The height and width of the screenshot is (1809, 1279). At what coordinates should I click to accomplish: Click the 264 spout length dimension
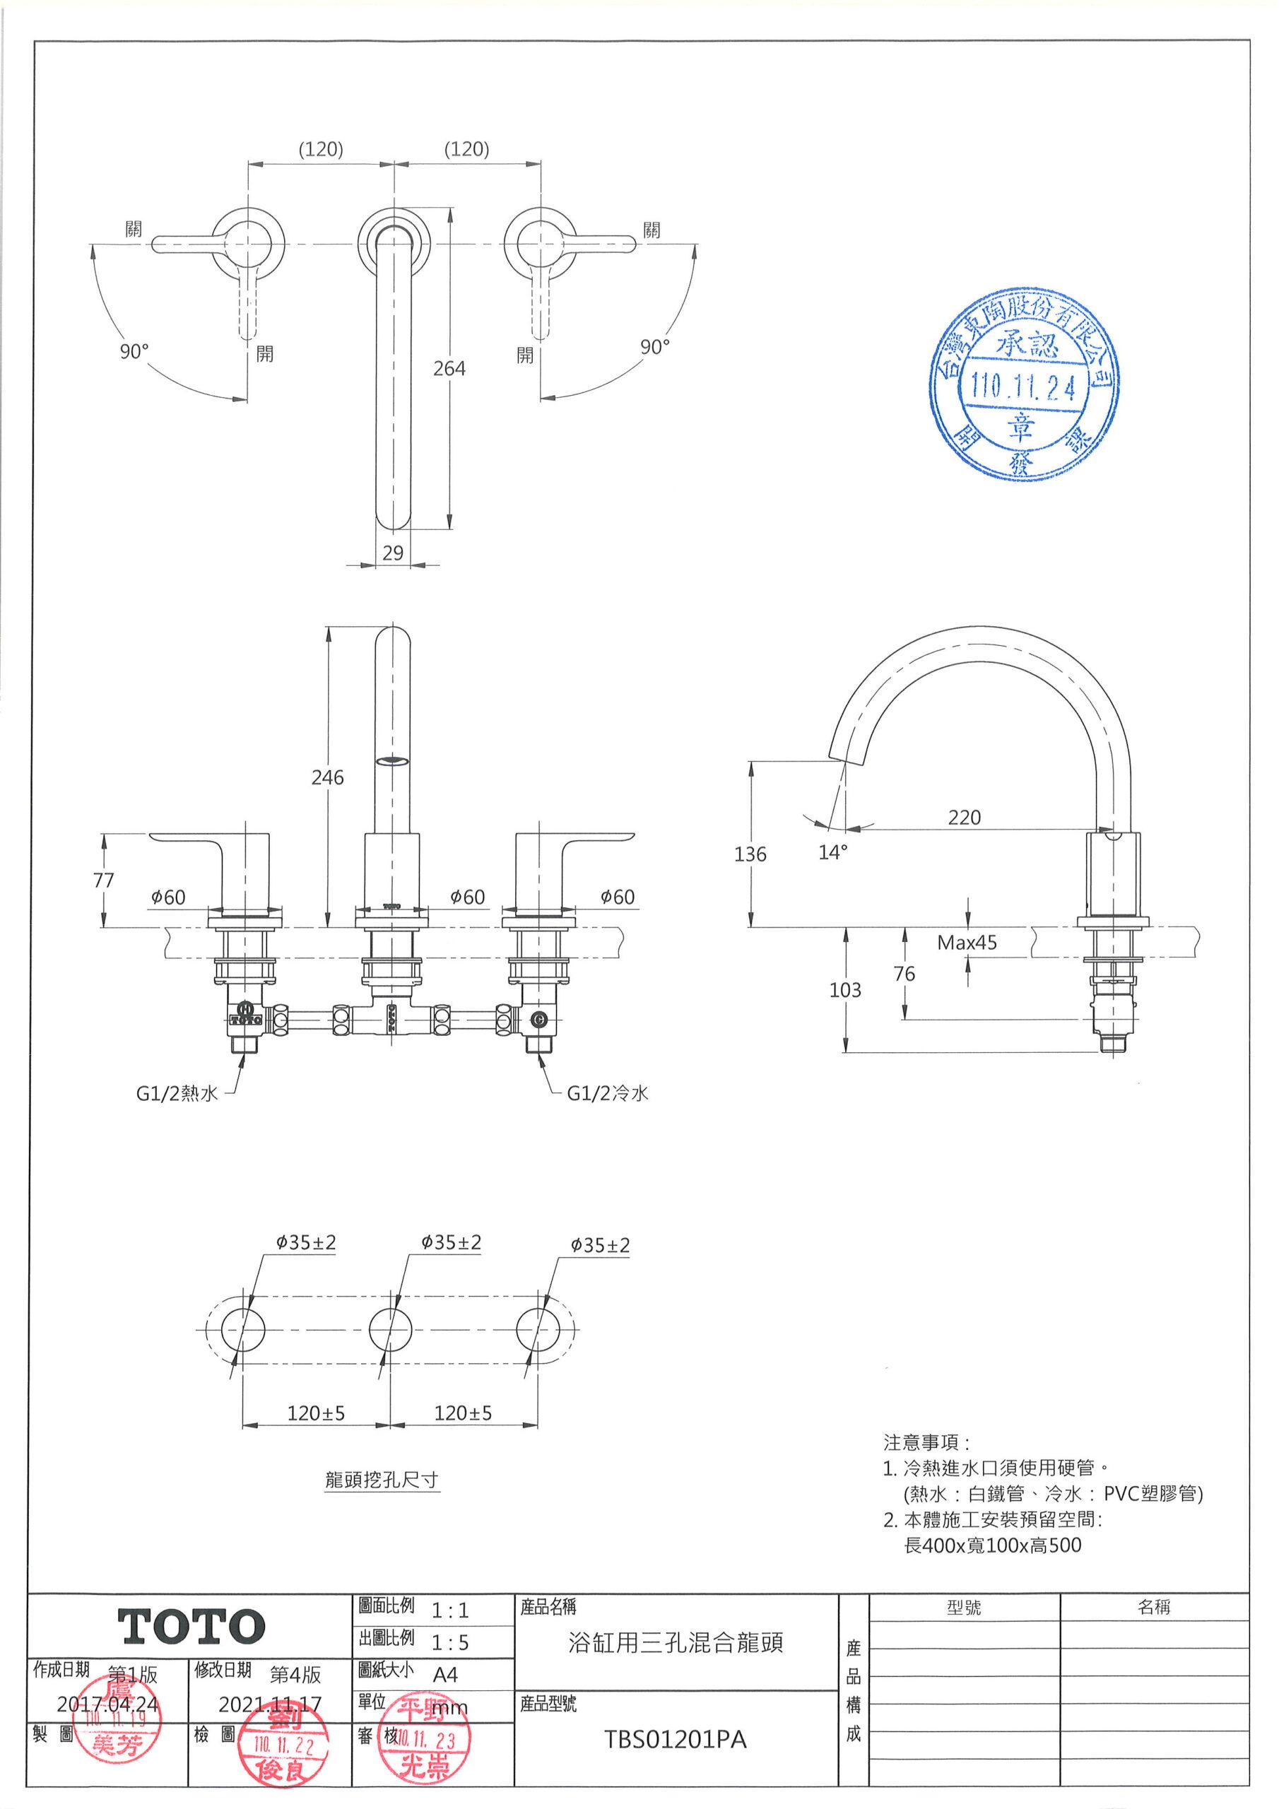tap(449, 369)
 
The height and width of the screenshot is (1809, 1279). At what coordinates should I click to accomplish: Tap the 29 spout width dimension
tap(393, 553)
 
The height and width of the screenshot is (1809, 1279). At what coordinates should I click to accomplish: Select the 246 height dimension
tap(328, 777)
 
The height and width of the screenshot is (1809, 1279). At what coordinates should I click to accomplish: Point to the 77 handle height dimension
tap(103, 880)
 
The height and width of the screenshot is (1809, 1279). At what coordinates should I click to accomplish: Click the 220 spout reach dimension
tap(965, 817)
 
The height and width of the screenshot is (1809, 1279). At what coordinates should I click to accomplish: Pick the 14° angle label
tap(833, 852)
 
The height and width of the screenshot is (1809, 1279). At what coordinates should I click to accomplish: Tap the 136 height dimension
tap(750, 854)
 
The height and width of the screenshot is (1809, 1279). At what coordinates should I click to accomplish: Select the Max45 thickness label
tap(967, 943)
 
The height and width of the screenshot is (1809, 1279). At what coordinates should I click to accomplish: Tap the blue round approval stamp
tap(1024, 385)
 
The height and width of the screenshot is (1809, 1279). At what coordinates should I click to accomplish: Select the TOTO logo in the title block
tap(191, 1627)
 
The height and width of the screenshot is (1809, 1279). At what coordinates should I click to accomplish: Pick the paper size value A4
tap(445, 1674)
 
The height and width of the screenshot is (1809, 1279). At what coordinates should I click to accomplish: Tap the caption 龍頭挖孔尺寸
tap(382, 1480)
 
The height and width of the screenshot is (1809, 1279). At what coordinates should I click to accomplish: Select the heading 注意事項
tap(926, 1443)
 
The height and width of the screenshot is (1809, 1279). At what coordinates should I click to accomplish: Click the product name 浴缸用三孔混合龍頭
tap(676, 1643)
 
